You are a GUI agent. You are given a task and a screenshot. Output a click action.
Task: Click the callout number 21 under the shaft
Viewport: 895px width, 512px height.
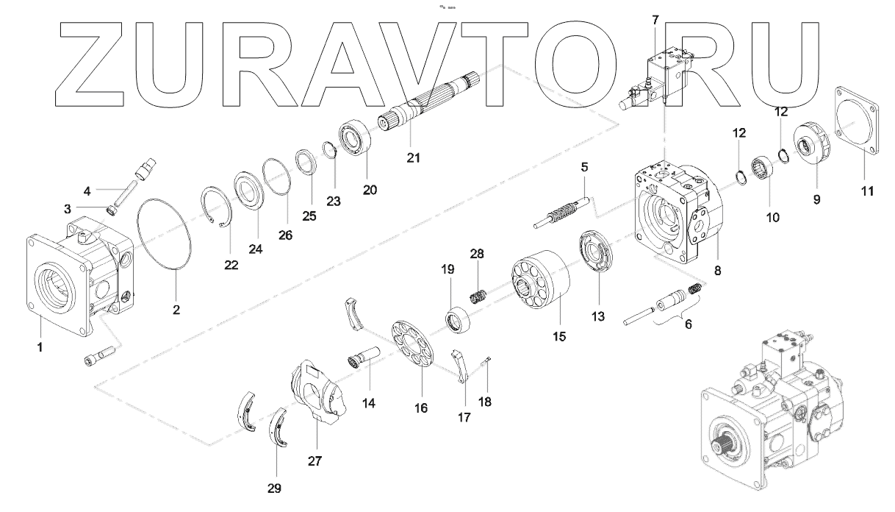(x=414, y=158)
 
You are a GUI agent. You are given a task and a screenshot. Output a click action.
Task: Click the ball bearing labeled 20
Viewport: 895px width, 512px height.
(x=358, y=141)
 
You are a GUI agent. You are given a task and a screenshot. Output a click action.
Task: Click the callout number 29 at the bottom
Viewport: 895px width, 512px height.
(x=274, y=487)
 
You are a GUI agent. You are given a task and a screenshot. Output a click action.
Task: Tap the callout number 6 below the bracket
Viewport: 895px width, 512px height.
(x=688, y=324)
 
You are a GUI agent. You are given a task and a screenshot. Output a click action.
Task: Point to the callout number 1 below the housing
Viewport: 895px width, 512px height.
(x=40, y=346)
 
